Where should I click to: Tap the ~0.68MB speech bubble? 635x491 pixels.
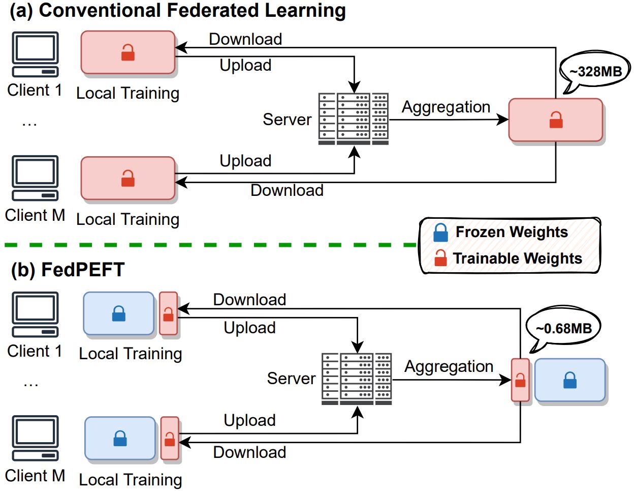pyautogui.click(x=563, y=328)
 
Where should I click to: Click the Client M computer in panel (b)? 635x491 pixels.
pyautogui.click(x=36, y=438)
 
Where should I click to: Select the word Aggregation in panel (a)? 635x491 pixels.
pyautogui.click(x=446, y=107)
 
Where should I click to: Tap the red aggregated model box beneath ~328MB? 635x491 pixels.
pyautogui.click(x=555, y=120)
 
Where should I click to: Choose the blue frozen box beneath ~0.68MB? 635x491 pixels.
pyautogui.click(x=569, y=381)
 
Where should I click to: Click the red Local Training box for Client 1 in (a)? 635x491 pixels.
pyautogui.click(x=128, y=52)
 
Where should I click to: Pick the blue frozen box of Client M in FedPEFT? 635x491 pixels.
pyautogui.click(x=120, y=438)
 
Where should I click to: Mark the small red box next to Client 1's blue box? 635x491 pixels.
pyautogui.click(x=168, y=314)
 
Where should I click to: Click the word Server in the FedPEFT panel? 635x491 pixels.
pyautogui.click(x=291, y=378)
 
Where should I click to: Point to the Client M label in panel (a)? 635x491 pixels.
pyautogui.click(x=35, y=215)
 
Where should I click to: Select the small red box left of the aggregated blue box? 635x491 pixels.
pyautogui.click(x=520, y=380)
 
